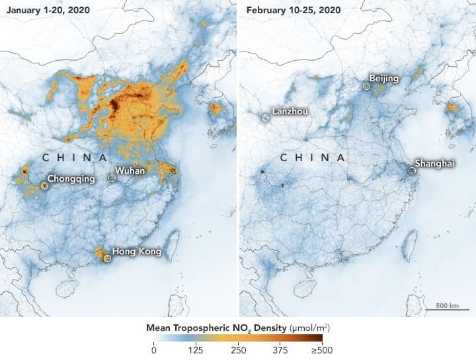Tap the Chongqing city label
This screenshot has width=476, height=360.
coord(71,178)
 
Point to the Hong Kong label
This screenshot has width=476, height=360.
coord(136,251)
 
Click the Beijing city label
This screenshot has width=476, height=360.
coord(384,79)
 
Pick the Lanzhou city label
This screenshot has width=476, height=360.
coord(290,112)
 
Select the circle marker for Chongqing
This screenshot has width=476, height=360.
coord(44,186)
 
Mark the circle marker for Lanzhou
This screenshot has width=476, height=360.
coord(264,117)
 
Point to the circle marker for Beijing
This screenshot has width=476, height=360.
coord(367,85)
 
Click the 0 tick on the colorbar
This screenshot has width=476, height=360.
coord(154,349)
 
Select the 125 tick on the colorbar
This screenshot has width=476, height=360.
coord(196,349)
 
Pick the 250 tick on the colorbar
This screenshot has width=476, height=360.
coord(238,349)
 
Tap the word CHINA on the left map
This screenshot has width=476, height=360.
coord(74,158)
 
